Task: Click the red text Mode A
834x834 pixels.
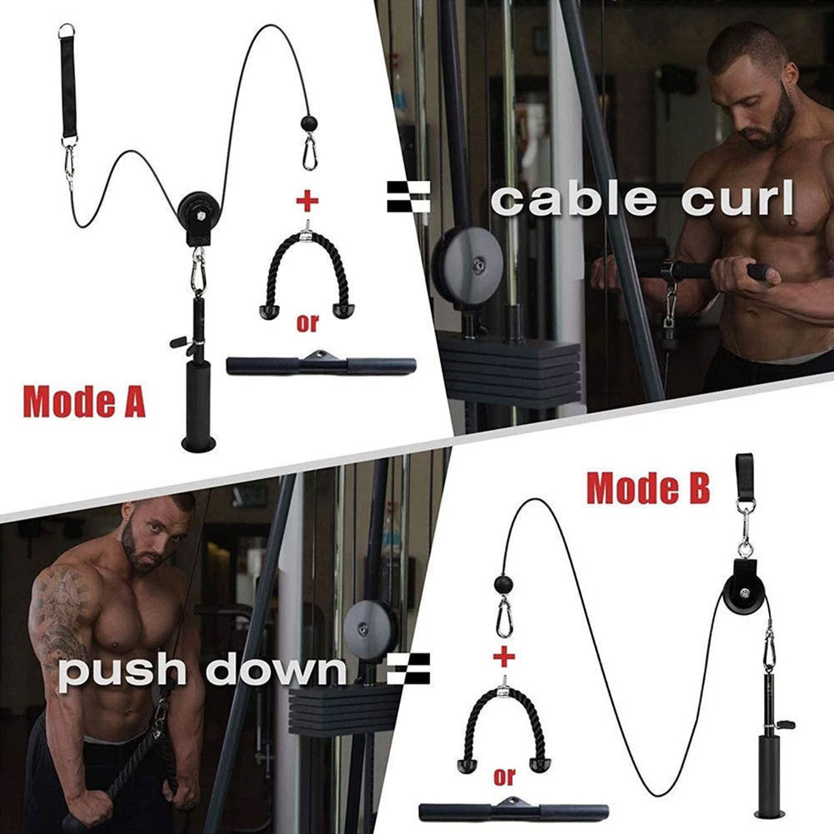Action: [84, 401]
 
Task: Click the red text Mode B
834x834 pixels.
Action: [648, 488]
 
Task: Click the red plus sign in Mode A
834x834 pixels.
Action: [308, 200]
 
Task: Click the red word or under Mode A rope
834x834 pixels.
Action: [307, 324]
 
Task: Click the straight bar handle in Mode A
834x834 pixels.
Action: [321, 365]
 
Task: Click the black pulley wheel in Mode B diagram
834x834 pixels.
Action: [743, 578]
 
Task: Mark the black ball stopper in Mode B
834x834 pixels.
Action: [503, 582]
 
